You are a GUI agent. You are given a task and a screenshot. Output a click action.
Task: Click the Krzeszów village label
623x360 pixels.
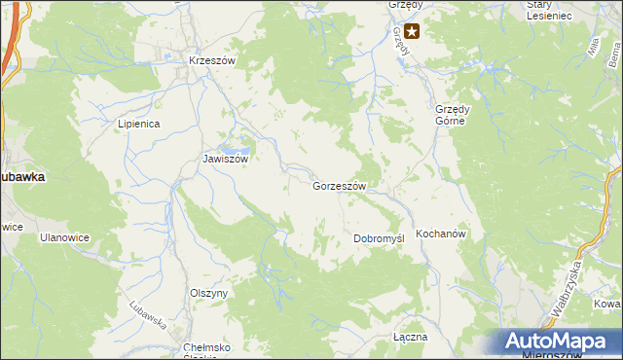(213, 60)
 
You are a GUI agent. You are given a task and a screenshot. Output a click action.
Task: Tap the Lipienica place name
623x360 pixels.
(138, 124)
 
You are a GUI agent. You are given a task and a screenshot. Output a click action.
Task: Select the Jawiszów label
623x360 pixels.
(226, 159)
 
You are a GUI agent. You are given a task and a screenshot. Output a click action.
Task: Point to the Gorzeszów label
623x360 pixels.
(339, 186)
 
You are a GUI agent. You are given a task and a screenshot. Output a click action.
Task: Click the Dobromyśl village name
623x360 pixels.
(378, 238)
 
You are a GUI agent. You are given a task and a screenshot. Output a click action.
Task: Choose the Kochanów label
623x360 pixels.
(442, 234)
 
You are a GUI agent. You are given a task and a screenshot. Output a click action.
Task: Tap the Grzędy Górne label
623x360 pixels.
(453, 115)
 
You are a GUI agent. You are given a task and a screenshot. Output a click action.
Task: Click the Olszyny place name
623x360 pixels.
(208, 293)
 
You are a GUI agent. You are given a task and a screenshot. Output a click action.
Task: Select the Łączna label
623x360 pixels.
(410, 337)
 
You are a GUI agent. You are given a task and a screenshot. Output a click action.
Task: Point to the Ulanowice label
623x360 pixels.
(64, 236)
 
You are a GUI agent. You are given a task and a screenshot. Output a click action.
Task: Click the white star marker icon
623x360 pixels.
(412, 31)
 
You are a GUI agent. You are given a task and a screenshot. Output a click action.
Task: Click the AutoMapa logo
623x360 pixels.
(561, 341)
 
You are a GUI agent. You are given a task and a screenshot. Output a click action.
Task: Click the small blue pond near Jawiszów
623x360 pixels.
(231, 138)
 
